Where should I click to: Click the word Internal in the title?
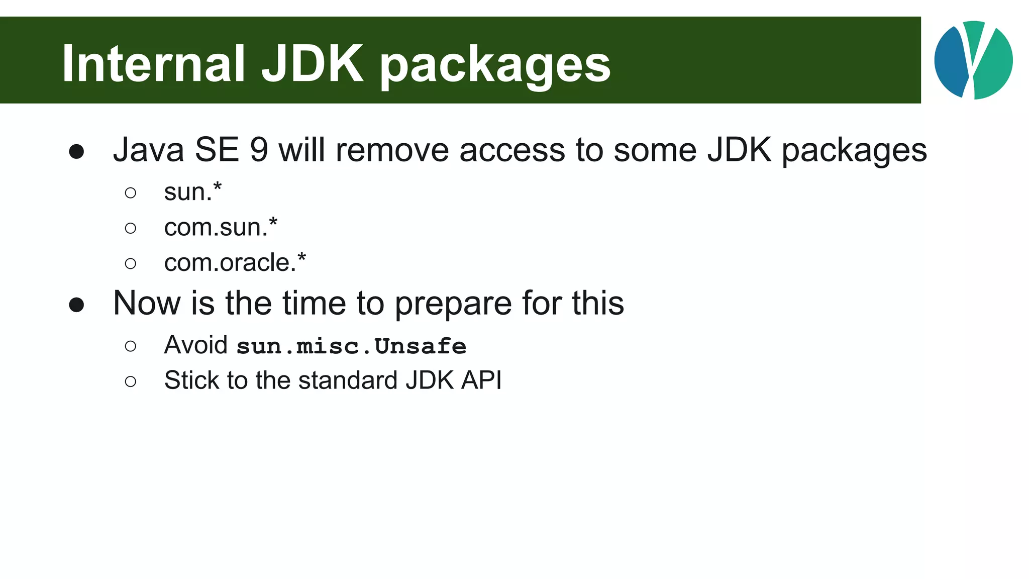coord(153,64)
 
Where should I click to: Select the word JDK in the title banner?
coord(312,64)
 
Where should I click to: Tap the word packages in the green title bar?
coord(495,66)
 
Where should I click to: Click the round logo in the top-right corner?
coord(973,60)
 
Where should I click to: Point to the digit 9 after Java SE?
coord(259,150)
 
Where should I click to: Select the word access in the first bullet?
coord(512,150)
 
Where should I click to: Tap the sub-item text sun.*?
coord(193,191)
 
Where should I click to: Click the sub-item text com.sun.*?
coord(221,227)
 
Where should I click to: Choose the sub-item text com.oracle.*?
coord(235,262)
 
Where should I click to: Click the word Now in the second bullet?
coord(147,303)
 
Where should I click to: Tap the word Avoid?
coord(196,345)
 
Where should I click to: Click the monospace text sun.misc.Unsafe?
coord(351,346)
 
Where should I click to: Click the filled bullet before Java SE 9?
coord(76,151)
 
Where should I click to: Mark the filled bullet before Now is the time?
coord(76,305)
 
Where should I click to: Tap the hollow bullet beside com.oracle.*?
coord(131,263)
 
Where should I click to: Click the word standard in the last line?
coord(348,380)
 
